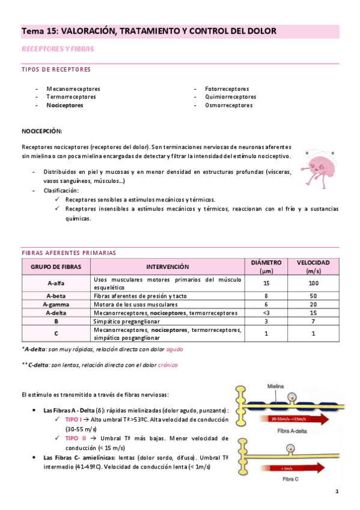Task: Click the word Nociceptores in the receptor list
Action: tap(65, 105)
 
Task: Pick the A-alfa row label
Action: tap(56, 283)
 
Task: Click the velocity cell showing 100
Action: tap(313, 283)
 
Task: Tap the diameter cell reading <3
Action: tap(266, 313)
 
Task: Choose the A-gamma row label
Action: tap(56, 304)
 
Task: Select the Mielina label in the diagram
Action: tap(272, 387)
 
